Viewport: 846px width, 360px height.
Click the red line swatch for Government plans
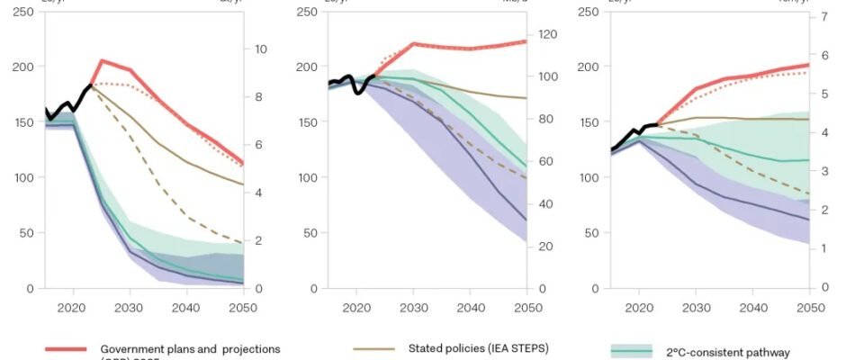tap(66, 348)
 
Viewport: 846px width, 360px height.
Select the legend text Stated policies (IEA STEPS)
tap(478, 348)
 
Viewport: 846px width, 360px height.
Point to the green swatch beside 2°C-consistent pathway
tap(631, 351)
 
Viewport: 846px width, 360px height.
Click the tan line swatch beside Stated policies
tap(373, 348)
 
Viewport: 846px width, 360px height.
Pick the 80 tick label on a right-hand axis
tap(543, 119)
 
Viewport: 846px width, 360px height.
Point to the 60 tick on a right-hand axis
tap(543, 161)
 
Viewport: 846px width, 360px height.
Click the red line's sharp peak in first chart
tap(102, 60)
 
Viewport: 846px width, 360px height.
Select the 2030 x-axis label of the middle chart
tap(413, 307)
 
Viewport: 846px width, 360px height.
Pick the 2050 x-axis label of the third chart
tap(810, 307)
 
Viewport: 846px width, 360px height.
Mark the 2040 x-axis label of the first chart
tap(186, 307)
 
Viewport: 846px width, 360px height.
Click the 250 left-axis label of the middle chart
tap(306, 12)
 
